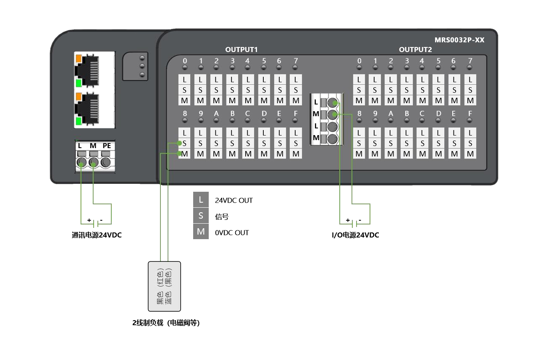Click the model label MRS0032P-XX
coord(459,40)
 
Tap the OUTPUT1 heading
coord(241,50)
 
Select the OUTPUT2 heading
coord(415,50)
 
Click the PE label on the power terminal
coord(107,146)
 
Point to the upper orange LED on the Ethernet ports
coord(78,59)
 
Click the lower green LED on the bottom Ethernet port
coord(78,122)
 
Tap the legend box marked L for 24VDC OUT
coord(201,200)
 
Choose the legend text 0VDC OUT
coord(231,232)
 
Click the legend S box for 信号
coord(201,216)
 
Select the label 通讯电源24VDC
coord(97,235)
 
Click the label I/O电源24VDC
coord(355,235)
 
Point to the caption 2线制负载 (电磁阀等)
coord(166,323)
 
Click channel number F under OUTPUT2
coord(470,114)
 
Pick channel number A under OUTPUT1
coord(216,114)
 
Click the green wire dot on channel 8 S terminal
coord(180,143)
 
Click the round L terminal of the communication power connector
coord(81,162)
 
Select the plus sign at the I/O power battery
coord(347,220)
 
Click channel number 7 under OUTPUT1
coord(296,61)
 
